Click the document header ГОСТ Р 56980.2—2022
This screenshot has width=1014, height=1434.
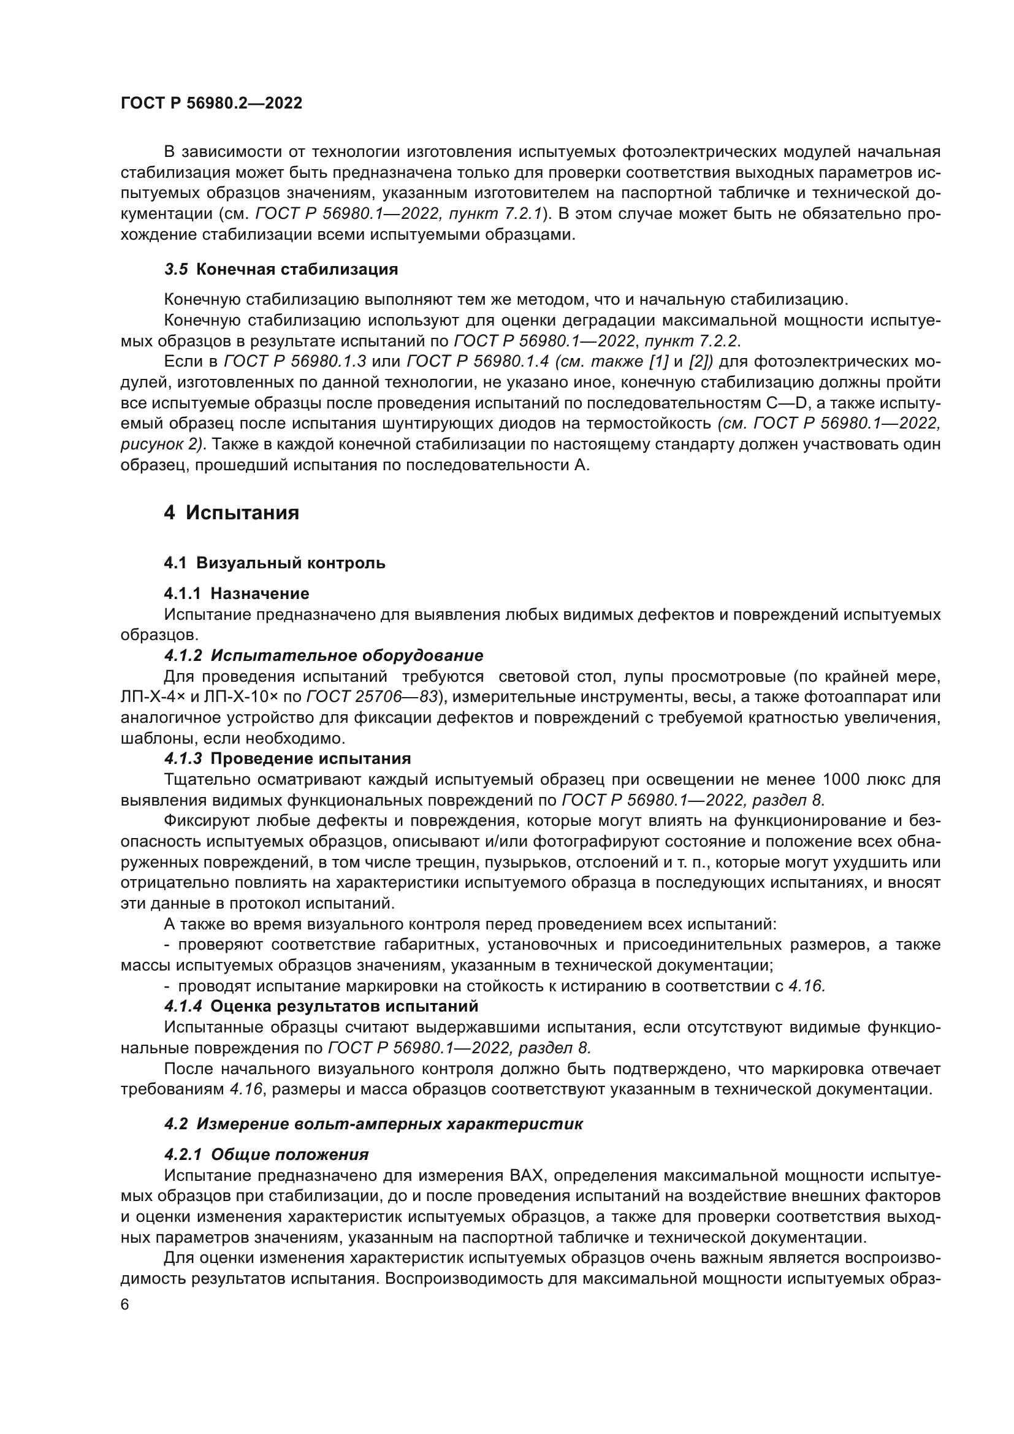tap(211, 104)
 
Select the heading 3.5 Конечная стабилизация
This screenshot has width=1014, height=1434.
tap(281, 270)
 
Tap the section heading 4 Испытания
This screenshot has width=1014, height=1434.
tap(232, 513)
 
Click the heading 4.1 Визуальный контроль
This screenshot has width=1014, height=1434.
tap(275, 563)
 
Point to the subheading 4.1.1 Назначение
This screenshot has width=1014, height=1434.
tap(237, 593)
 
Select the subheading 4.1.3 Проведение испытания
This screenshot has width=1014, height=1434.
tap(287, 758)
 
